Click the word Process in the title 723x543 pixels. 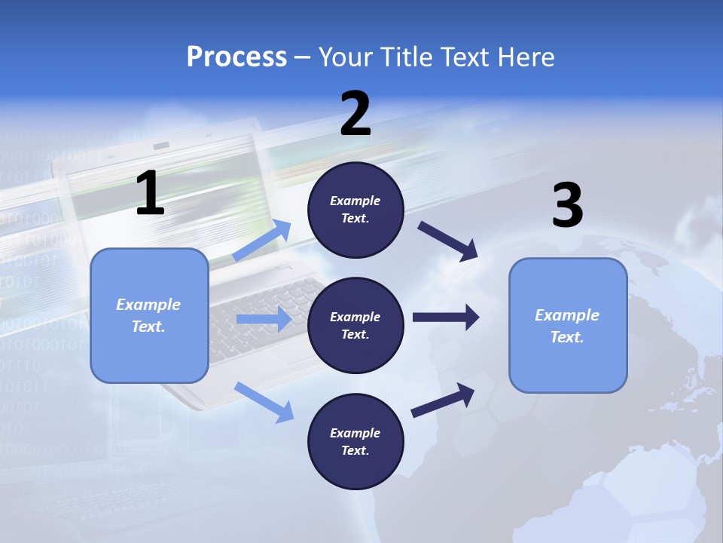point(236,57)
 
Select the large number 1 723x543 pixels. point(150,194)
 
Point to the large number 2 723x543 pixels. point(355,114)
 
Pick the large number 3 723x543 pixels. point(567,206)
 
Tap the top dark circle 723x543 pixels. point(355,210)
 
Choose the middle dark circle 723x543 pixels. point(355,326)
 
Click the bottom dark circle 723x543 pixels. point(355,442)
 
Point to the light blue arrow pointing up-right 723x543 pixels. point(262,241)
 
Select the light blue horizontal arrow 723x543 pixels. point(264,319)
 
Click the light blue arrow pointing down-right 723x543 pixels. point(264,401)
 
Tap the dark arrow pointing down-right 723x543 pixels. point(449,241)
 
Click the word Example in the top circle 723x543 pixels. point(355,201)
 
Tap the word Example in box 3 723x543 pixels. point(567,315)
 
